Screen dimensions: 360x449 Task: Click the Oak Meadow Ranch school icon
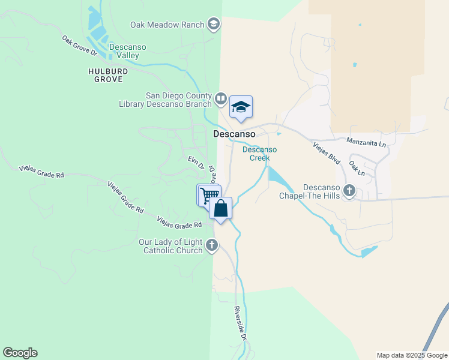click(x=213, y=24)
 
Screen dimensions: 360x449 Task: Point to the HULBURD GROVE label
click(x=105, y=74)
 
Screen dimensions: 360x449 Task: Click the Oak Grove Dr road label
click(x=79, y=45)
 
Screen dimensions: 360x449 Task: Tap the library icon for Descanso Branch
click(x=220, y=98)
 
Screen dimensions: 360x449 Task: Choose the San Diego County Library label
click(x=179, y=100)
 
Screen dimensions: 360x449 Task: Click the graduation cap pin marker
click(x=241, y=107)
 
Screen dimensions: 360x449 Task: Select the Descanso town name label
click(x=235, y=134)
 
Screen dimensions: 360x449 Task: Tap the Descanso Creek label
click(x=260, y=154)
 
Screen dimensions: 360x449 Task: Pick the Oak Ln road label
click(x=357, y=167)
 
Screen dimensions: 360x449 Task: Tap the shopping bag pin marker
click(x=221, y=209)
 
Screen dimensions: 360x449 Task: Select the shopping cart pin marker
click(x=209, y=195)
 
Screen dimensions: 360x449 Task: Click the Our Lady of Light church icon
click(x=211, y=245)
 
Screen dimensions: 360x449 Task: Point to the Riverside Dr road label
click(x=240, y=323)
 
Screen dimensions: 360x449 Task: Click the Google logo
click(x=20, y=353)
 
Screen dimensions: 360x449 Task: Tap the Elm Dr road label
click(x=196, y=163)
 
